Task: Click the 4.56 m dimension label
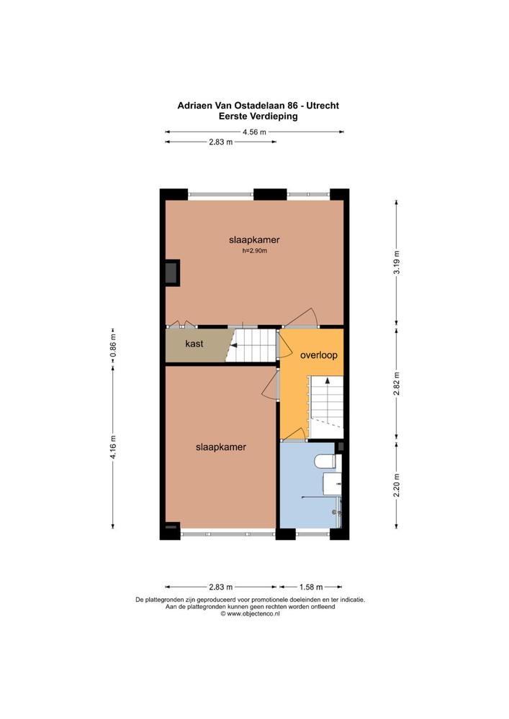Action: [x=254, y=132]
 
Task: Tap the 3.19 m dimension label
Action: [x=397, y=262]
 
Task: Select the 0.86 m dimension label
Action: [x=113, y=344]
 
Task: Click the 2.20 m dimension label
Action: [x=397, y=485]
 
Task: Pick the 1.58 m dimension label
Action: [x=311, y=587]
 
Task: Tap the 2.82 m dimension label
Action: [x=397, y=383]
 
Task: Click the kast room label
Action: [x=194, y=344]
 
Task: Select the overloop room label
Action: [x=319, y=355]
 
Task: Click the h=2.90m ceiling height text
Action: [x=254, y=251]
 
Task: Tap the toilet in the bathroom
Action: [x=328, y=461]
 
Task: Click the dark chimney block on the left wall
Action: [x=172, y=273]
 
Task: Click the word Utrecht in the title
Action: [x=323, y=106]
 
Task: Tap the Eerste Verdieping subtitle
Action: [x=258, y=116]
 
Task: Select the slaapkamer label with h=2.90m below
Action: [x=254, y=240]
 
